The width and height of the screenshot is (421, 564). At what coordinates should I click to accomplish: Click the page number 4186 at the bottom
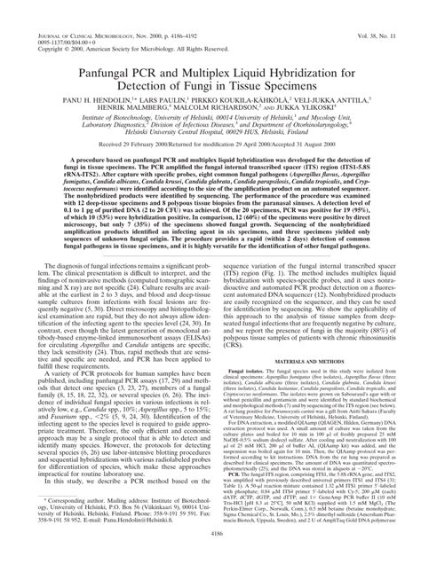210,558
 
